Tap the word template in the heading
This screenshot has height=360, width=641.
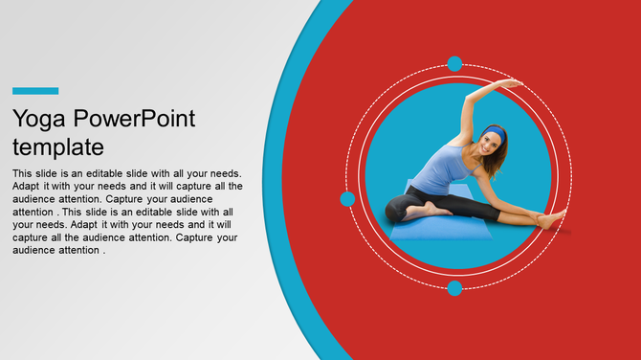click(58, 147)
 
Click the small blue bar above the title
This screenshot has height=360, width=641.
click(35, 91)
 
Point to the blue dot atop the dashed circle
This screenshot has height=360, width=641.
click(455, 63)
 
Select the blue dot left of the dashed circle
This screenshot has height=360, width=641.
click(347, 199)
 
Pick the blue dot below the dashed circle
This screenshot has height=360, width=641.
click(455, 287)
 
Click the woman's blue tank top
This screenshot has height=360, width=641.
click(443, 170)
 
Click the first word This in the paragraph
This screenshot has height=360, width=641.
click(23, 173)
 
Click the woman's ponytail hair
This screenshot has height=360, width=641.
click(503, 153)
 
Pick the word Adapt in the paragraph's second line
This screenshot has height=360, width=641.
click(28, 186)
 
